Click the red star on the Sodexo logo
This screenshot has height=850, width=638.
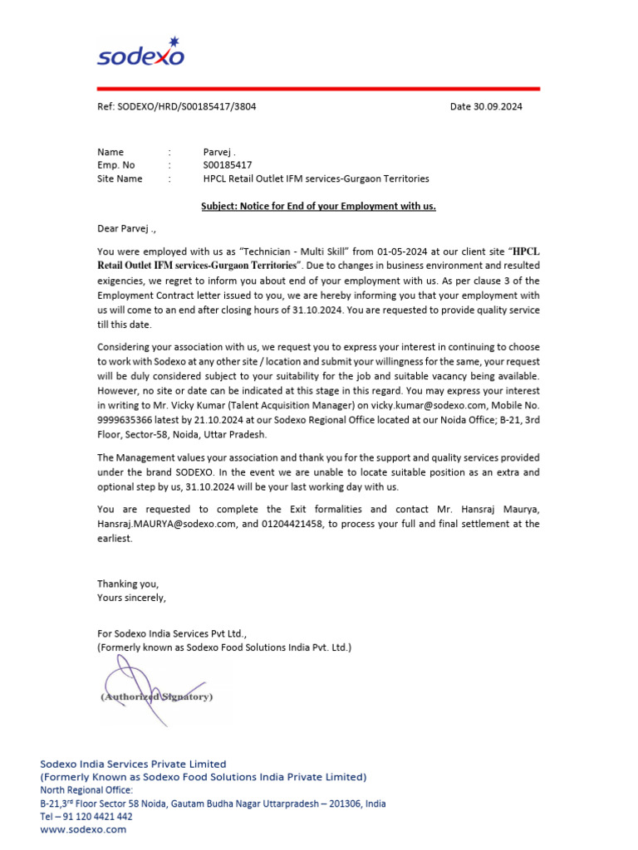coord(173,42)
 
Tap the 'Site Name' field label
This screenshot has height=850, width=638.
coord(120,178)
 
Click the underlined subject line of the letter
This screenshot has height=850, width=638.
coord(318,206)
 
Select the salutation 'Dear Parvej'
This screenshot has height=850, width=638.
coord(125,228)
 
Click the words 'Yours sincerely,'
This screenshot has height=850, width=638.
coord(131,597)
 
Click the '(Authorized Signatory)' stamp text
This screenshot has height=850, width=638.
coord(157,696)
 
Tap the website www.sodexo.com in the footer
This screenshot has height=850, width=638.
coord(83,829)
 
